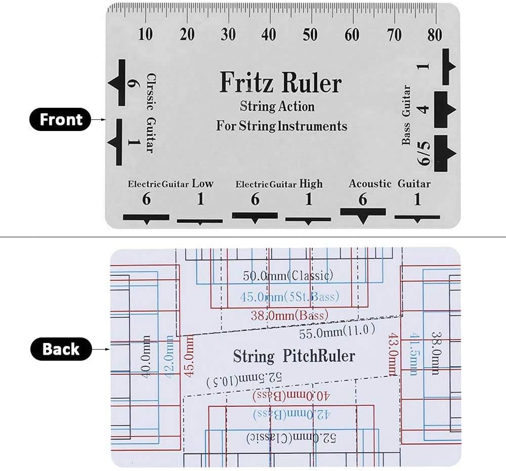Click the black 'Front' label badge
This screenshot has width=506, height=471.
pos(60,119)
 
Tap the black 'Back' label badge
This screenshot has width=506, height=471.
pos(61,349)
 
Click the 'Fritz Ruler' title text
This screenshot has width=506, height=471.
pos(280,82)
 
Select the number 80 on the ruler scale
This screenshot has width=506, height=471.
pos(435,34)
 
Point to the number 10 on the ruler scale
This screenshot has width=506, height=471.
pos(145,34)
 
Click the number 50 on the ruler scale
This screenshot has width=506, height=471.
pos(310,34)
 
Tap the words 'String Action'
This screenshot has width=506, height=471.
pos(277,106)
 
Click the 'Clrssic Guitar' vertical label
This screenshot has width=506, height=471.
pos(151,113)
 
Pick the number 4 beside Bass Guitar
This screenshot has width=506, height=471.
pos(424,109)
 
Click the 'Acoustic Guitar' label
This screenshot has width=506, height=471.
pos(390,184)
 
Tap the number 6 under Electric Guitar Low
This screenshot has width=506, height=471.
pos(146,199)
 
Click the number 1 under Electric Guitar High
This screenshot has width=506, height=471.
pos(309,199)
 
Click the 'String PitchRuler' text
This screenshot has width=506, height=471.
pos(294,356)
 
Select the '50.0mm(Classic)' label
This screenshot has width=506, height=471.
pos(288,276)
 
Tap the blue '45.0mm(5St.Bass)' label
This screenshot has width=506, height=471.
pos(289,296)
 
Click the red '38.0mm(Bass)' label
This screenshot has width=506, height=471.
pos(289,315)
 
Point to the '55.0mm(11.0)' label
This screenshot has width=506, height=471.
pos(337,332)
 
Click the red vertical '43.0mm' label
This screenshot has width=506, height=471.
pos(393,355)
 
